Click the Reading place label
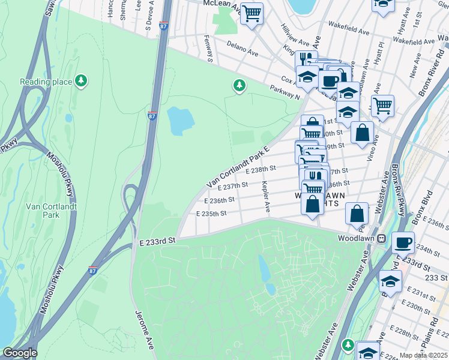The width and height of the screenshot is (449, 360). (x=46, y=82)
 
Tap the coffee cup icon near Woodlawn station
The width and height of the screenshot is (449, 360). (x=403, y=243)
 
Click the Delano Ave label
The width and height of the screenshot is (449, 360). (x=243, y=49)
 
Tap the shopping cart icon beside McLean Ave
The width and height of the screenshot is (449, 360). (x=252, y=13)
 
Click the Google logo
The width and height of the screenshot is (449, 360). (x=20, y=353)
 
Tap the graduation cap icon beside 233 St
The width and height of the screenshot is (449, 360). (x=391, y=281)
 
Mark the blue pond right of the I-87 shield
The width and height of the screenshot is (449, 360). (x=181, y=121)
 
